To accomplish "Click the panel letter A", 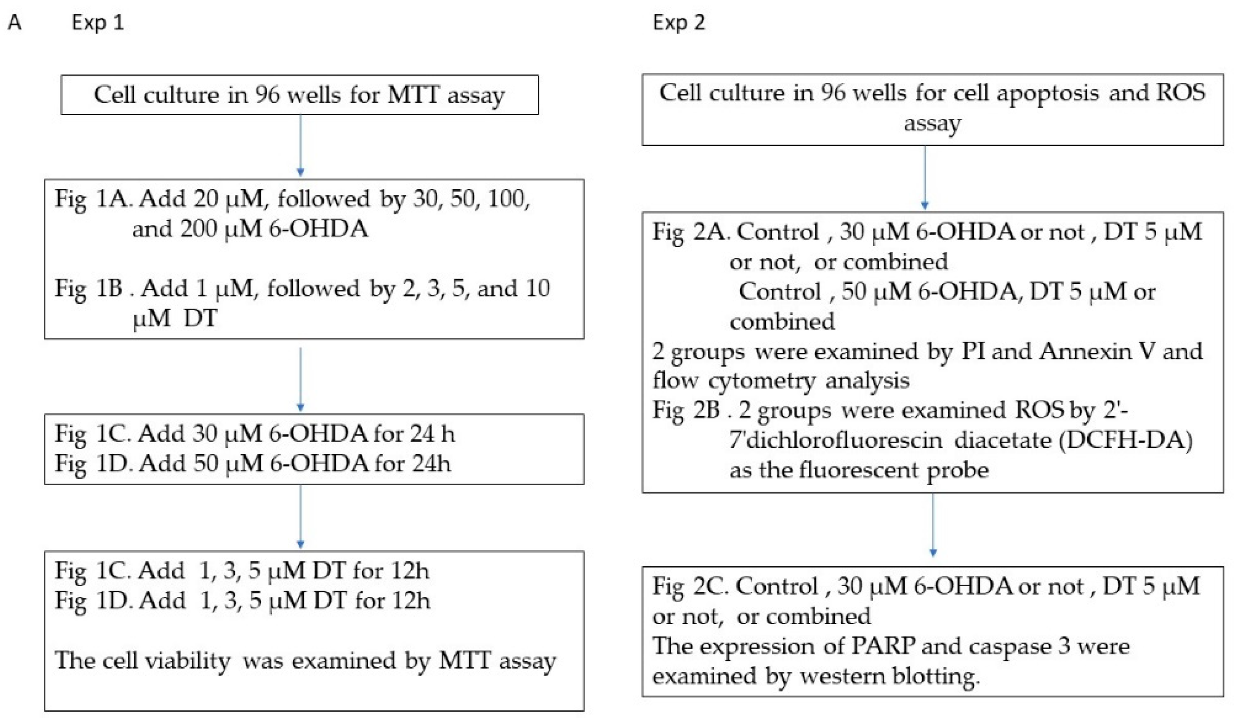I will tap(15, 23).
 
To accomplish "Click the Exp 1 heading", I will tap(97, 23).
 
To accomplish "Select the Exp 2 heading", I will tap(678, 23).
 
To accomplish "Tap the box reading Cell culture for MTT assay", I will tap(299, 95).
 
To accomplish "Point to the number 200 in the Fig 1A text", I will tap(199, 229).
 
